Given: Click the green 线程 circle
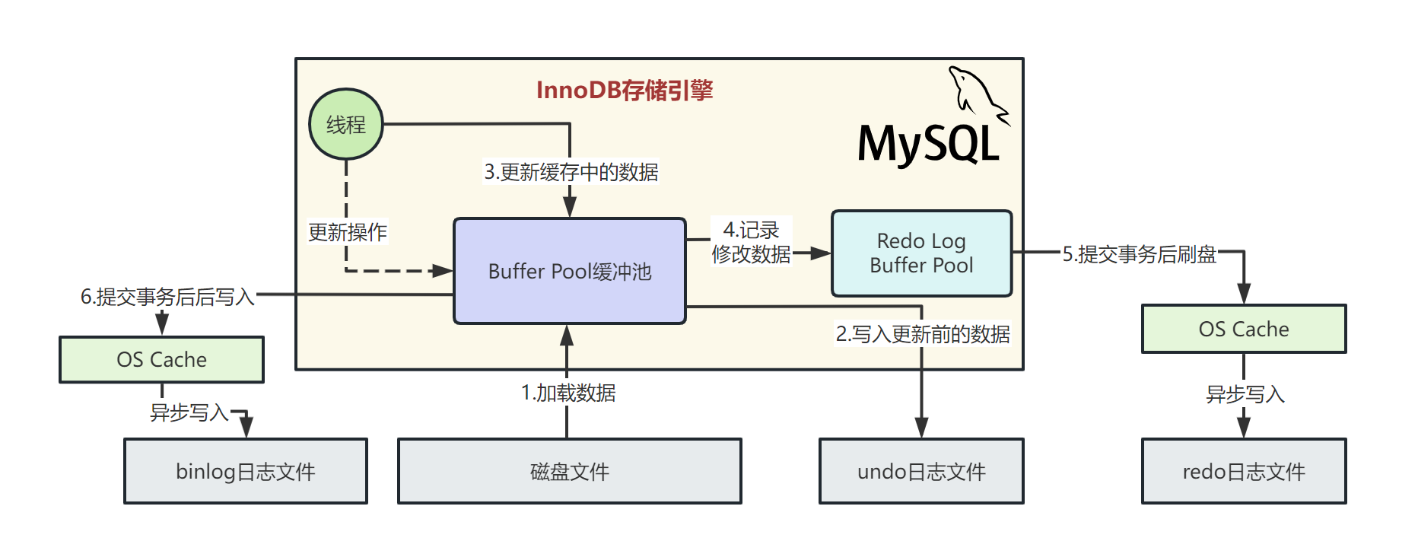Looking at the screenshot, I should [346, 124].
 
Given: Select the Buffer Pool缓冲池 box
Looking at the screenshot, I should [570, 272].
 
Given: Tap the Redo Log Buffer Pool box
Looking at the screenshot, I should [921, 253].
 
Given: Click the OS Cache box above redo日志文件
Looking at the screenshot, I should [1244, 329].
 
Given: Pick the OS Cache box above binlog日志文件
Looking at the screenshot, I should [161, 359].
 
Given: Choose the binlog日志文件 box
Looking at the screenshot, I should [246, 471].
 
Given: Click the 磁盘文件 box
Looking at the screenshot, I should [570, 471].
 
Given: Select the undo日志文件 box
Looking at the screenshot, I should [921, 471].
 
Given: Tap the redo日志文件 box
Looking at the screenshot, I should [1244, 471].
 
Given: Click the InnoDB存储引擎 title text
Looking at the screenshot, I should [625, 91].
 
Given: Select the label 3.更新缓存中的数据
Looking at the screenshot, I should [571, 172].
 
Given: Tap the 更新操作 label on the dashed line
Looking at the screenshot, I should [348, 232].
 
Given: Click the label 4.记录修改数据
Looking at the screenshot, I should [752, 242].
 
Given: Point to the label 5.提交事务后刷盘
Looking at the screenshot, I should [1139, 254].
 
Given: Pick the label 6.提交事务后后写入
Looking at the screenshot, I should [167, 296].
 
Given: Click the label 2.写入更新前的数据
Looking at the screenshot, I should [923, 334].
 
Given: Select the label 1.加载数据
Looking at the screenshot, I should [568, 393].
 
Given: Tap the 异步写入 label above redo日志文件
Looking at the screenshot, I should [1245, 394].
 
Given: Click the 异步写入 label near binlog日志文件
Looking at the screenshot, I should [189, 412].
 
